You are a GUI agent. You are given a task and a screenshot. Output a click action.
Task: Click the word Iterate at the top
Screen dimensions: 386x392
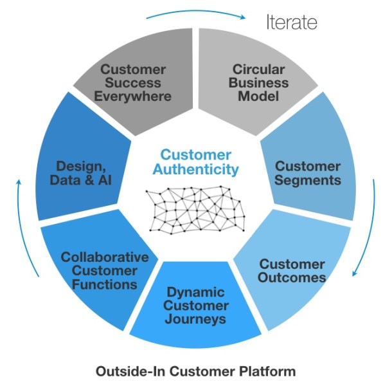292,23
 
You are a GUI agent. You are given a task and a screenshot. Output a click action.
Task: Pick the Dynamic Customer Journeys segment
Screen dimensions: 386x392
196,305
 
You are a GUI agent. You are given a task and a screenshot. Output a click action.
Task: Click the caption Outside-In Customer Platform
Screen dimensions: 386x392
195,371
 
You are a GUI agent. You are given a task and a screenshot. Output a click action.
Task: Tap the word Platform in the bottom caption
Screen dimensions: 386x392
271,371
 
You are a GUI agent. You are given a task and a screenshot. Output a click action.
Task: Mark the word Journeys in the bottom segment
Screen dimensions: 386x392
196,318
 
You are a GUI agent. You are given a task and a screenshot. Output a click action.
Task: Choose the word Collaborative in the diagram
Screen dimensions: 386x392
104,257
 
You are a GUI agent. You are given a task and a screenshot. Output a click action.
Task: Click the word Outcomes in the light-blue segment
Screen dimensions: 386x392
292,278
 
